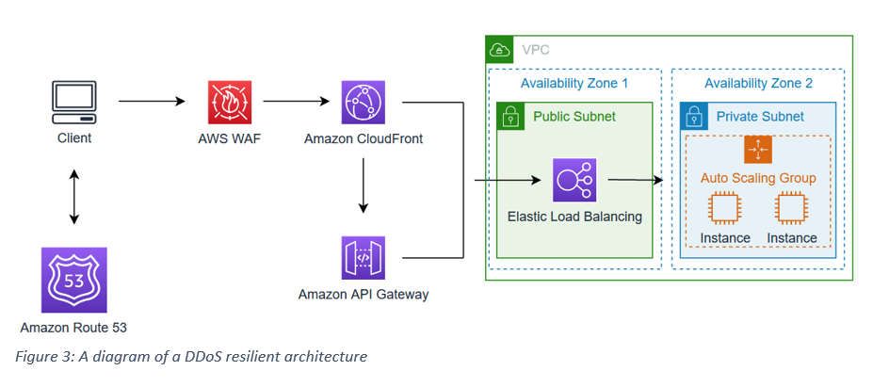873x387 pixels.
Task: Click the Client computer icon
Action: [73, 103]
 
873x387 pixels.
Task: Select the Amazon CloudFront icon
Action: [364, 102]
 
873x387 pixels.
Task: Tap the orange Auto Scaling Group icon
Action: [757, 150]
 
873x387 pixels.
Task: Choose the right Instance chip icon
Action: [791, 209]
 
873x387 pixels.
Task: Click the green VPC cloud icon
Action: [498, 48]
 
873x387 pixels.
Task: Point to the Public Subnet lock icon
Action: [509, 116]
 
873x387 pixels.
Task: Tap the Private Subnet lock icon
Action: [693, 116]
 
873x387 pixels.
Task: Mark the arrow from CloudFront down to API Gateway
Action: [364, 187]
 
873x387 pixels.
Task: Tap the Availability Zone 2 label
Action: [758, 84]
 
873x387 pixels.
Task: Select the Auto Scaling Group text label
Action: [758, 177]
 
